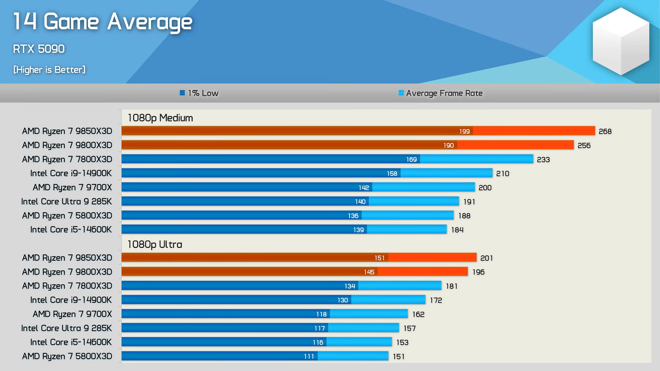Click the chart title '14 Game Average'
pos(102,22)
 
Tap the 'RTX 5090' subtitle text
pos(38,49)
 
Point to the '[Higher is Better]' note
pos(49,70)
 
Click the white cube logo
pos(620,41)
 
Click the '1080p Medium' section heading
pos(160,118)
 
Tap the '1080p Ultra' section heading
pos(155,244)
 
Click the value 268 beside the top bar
pos(605,131)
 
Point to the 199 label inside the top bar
pos(464,131)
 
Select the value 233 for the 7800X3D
pos(543,159)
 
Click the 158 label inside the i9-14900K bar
pos(392,173)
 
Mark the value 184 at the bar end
pos(457,230)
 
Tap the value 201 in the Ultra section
pos(486,258)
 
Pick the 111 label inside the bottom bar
pos(309,357)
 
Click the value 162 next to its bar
pos(418,314)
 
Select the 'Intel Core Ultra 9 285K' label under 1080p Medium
pos(66,201)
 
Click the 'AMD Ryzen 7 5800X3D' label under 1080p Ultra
pos(67,356)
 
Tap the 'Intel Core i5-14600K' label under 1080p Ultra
pos(71,342)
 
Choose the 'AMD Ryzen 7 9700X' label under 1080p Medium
pos(72,187)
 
